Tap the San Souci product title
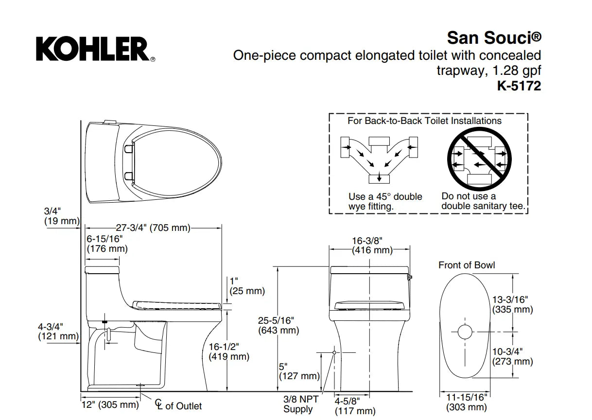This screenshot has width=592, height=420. [493, 37]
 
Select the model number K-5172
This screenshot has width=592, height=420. [519, 86]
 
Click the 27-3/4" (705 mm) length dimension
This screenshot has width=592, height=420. [153, 227]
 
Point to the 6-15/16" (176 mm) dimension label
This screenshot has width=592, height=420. [106, 244]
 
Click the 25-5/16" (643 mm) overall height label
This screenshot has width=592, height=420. [278, 325]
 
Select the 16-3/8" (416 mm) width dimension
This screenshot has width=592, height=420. [372, 245]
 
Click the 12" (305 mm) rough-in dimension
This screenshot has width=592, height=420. [109, 404]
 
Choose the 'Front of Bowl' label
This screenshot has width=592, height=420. [467, 265]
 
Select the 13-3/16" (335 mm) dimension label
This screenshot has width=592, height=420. [512, 305]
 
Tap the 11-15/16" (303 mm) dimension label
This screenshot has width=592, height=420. [467, 402]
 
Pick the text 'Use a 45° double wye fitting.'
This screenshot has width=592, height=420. [385, 201]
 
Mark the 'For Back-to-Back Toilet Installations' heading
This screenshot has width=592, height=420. [424, 121]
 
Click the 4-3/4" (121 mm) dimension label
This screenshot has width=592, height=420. [58, 331]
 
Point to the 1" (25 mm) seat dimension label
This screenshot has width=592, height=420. [247, 286]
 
